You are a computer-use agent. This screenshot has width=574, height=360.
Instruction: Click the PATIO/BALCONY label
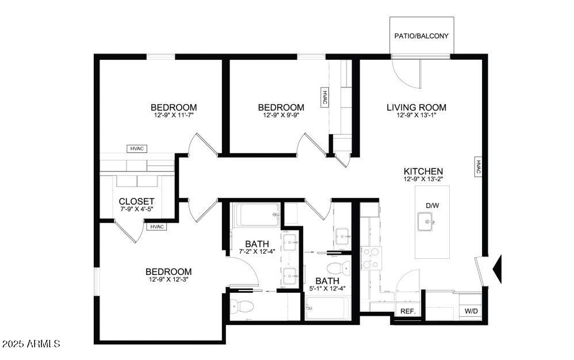point(422,36)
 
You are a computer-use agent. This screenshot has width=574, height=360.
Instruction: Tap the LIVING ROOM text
point(416,108)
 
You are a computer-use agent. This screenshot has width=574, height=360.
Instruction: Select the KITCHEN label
point(423,171)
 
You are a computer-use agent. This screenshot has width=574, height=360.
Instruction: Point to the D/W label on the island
point(433,205)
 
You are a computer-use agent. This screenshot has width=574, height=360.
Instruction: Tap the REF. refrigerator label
point(408,311)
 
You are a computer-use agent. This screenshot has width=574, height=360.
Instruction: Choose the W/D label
point(471,311)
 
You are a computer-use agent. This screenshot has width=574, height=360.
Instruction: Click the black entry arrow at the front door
point(498,269)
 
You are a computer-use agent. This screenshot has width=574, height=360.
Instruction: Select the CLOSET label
point(136,201)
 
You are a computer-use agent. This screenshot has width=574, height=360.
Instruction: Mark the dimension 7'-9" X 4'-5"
point(136,209)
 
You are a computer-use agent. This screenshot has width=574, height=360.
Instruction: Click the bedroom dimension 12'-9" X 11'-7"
point(174,116)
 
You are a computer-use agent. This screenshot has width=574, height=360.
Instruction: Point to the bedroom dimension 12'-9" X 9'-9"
point(281,116)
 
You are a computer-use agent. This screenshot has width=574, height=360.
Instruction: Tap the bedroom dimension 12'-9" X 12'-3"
point(168,280)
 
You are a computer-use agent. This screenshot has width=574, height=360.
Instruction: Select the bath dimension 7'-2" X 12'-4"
point(258,252)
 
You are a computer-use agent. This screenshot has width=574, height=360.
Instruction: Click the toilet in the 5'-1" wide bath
point(337,268)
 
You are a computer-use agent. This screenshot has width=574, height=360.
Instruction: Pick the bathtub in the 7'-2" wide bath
point(256,216)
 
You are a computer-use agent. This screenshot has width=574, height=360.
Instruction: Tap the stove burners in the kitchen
point(372,257)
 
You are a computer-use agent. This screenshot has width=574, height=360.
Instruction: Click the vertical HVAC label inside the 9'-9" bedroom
point(324,97)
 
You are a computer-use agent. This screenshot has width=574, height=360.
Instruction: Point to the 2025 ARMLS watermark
point(31,344)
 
